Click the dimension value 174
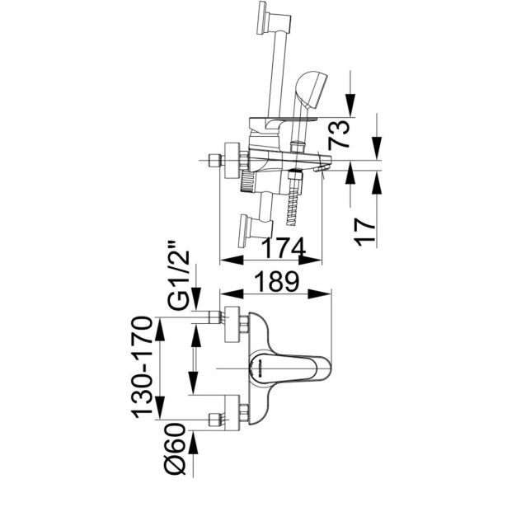pyautogui.click(x=284, y=248)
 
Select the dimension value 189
pyautogui.click(x=276, y=282)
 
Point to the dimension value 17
pyautogui.click(x=364, y=232)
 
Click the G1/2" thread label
pyautogui.click(x=178, y=275)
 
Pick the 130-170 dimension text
pyautogui.click(x=141, y=367)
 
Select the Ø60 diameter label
pyautogui.click(x=176, y=449)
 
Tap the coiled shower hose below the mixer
pyautogui.click(x=293, y=208)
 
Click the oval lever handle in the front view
pyautogui.click(x=291, y=369)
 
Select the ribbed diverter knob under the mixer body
pyautogui.click(x=248, y=181)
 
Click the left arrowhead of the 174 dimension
pyautogui.click(x=232, y=261)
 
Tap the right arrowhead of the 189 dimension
pyautogui.click(x=320, y=294)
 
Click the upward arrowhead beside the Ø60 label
pyautogui.click(x=194, y=443)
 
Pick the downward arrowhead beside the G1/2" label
pyautogui.click(x=196, y=299)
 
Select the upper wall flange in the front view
pyautogui.click(x=232, y=324)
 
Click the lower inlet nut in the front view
pyautogui.click(x=215, y=420)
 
